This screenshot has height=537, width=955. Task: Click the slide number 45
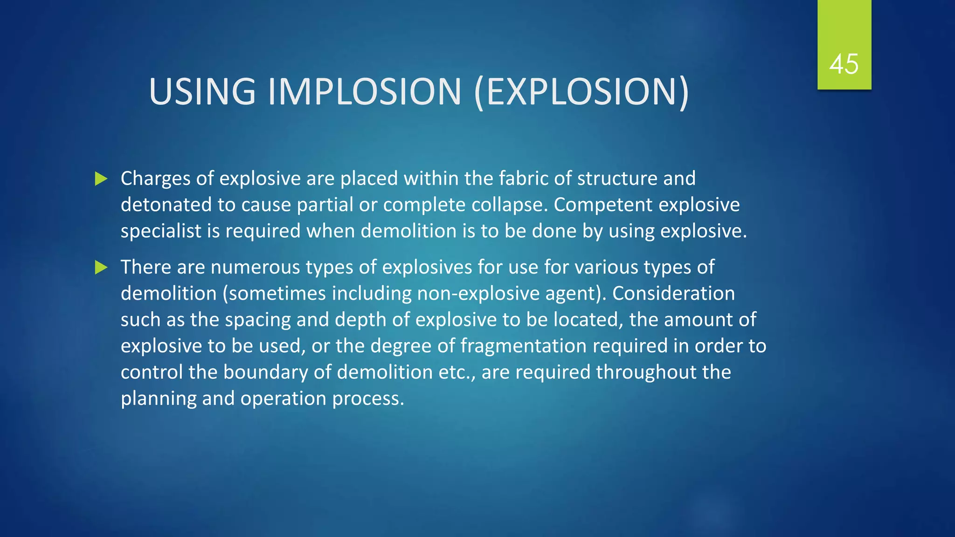tap(844, 64)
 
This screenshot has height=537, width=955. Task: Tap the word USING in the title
tap(202, 91)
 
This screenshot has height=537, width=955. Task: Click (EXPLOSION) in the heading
tap(581, 92)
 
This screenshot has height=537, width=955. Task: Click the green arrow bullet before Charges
tap(101, 179)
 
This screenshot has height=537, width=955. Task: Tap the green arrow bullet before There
tap(101, 268)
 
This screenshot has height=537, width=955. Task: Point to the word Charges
tap(155, 179)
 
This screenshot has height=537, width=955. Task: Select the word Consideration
tap(673, 294)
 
